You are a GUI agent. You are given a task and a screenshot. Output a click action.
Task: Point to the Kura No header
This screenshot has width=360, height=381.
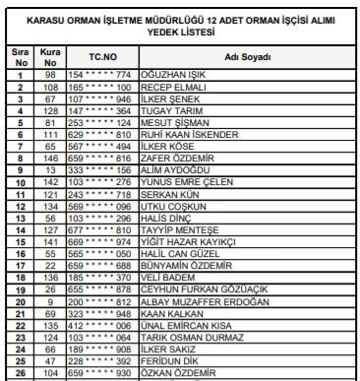pyautogui.click(x=48, y=56)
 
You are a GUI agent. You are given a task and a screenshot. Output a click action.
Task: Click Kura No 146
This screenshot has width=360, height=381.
pyautogui.click(x=48, y=158)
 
